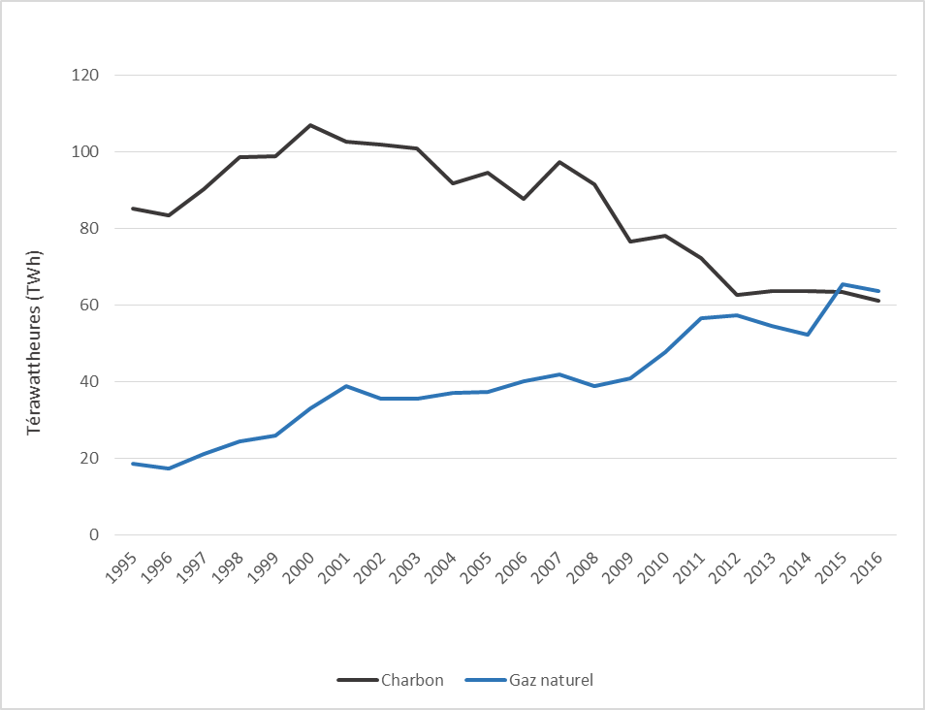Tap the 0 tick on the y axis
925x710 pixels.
pyautogui.click(x=94, y=534)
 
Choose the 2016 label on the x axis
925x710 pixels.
pyautogui.click(x=869, y=565)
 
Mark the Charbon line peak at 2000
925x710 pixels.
pyautogui.click(x=310, y=125)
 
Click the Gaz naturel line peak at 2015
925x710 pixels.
pyautogui.click(x=843, y=284)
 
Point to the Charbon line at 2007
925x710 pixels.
pyautogui.click(x=558, y=162)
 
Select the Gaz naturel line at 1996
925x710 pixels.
pyautogui.click(x=169, y=468)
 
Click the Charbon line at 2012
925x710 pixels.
pyautogui.click(x=736, y=295)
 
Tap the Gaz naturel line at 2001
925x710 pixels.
pyautogui.click(x=346, y=386)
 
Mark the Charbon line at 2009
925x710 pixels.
pyautogui.click(x=629, y=242)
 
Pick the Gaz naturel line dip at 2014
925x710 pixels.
pyautogui.click(x=807, y=335)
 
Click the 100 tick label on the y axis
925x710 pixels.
pyautogui.click(x=87, y=151)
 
